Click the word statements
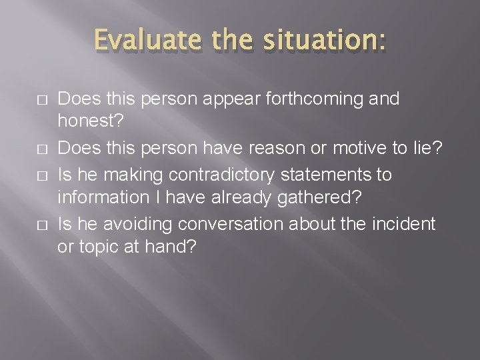(x=319, y=175)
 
